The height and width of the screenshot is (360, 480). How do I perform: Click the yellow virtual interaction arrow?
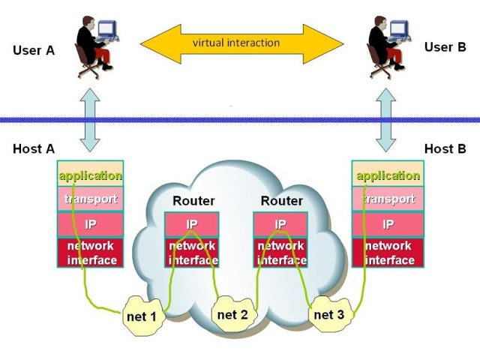pos(236,43)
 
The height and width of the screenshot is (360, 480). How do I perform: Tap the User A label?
pos(34,50)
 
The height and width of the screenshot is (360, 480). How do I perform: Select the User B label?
pos(445,47)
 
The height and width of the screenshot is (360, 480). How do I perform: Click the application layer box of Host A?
pos(90,175)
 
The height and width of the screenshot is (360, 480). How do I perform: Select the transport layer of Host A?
pos(90,199)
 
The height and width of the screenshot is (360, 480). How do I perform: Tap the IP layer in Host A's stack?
pos(90,224)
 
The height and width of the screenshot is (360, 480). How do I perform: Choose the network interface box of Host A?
pos(90,253)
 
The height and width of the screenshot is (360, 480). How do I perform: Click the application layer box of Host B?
pos(388,175)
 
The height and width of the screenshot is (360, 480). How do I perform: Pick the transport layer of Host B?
pos(388,199)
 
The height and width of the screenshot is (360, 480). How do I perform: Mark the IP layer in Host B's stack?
pos(388,224)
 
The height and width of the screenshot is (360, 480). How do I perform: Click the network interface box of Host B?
pos(388,253)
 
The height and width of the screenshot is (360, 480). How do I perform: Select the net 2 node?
pos(232,313)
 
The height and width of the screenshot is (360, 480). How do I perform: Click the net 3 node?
pos(328,313)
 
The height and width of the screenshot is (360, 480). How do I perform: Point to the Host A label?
pos(34,148)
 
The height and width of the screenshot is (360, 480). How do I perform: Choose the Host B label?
pos(445,148)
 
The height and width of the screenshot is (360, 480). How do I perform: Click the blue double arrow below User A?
pos(90,119)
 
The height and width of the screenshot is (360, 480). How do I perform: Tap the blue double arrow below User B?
pos(388,119)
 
